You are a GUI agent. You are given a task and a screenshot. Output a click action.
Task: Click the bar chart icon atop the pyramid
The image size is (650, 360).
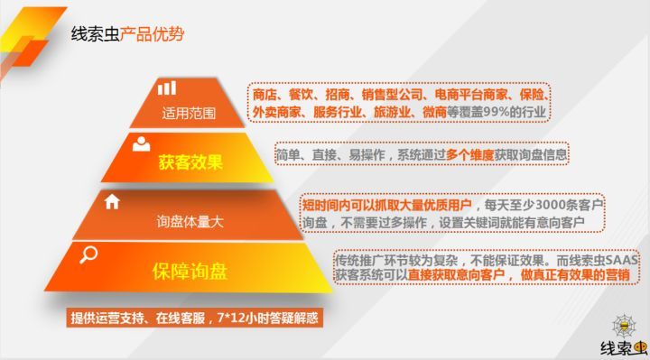167,88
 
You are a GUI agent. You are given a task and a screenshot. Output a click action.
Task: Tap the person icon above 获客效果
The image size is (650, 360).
142,143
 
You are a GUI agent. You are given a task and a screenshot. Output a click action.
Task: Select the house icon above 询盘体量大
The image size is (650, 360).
113,201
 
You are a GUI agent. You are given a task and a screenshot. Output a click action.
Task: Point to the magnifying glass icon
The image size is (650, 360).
88,255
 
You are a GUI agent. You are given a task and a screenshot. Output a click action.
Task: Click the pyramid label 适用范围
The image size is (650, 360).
190,114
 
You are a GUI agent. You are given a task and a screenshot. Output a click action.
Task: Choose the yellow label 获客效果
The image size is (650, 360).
190,163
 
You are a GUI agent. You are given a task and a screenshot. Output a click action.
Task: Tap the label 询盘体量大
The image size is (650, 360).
190,221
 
